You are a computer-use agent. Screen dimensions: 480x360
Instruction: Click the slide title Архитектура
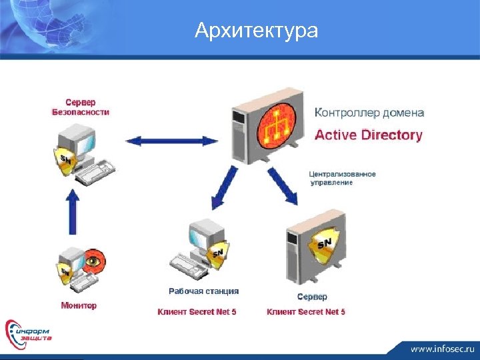point(257,31)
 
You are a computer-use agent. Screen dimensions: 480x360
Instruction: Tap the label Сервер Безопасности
point(81,107)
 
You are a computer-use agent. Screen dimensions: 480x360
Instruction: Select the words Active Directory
point(368,135)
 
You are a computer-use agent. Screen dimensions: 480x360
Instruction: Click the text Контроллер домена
point(369,113)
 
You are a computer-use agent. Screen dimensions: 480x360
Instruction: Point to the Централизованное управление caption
point(342,178)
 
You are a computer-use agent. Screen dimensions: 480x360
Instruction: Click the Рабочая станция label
point(203,291)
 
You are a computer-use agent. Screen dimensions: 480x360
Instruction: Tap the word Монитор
point(79,305)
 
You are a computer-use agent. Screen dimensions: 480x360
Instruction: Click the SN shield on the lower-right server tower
point(323,245)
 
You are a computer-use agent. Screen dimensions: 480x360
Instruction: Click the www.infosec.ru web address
point(441,348)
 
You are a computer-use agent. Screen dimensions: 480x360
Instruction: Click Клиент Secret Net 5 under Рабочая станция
point(197,311)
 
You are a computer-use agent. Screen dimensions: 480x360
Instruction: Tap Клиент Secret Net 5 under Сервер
point(306,311)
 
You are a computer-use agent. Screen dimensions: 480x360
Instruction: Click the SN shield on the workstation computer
point(217,254)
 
